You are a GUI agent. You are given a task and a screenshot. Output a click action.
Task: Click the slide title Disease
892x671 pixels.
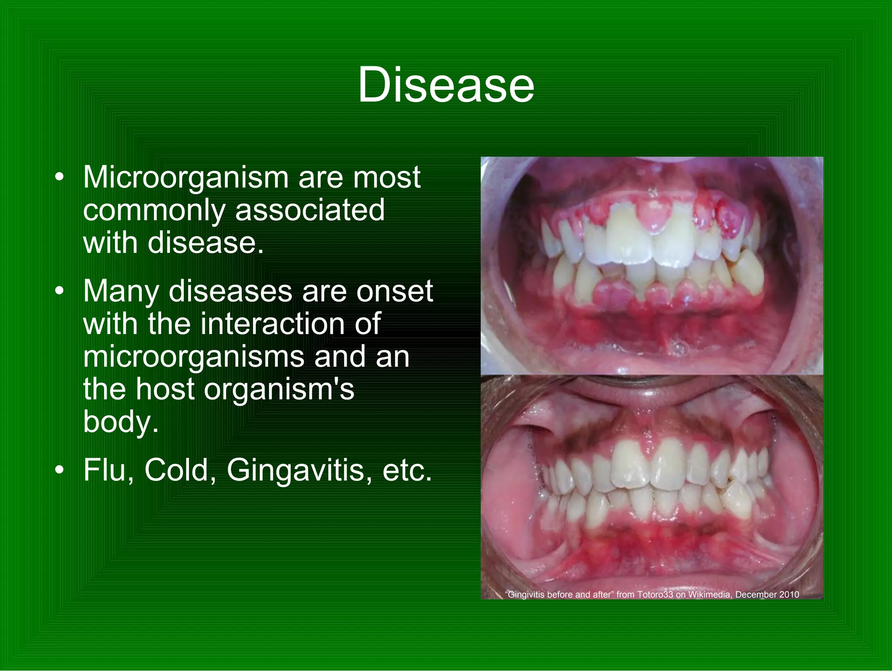pos(446,85)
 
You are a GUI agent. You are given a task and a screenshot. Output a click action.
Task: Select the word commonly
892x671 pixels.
pos(154,210)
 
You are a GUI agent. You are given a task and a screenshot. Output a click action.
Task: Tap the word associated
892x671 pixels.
pos(310,210)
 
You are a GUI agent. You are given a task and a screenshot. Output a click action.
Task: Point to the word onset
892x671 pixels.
pos(394,291)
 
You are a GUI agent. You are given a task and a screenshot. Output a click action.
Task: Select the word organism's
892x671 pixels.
pos(279,389)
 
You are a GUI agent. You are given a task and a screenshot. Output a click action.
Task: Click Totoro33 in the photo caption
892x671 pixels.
pos(655,595)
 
